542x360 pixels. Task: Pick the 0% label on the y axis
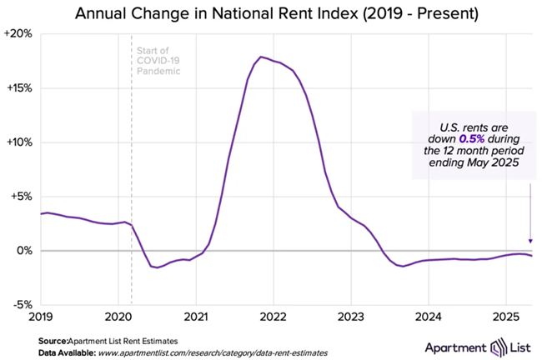(x=25, y=251)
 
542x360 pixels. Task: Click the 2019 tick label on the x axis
(x=41, y=317)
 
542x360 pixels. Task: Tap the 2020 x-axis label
(x=118, y=317)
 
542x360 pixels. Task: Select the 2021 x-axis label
(x=196, y=317)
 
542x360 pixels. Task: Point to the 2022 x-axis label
(x=274, y=317)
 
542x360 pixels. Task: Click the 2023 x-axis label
(x=351, y=317)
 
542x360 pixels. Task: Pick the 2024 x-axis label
(x=429, y=317)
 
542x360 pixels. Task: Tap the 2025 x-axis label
(x=506, y=317)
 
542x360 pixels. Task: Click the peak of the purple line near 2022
(x=261, y=57)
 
